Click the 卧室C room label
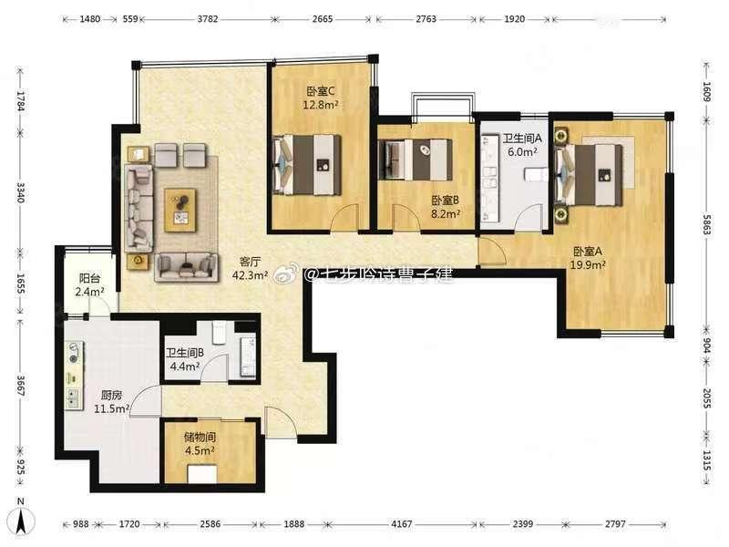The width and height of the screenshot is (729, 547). pos(321,91)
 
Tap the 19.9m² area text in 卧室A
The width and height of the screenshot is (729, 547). pos(588,264)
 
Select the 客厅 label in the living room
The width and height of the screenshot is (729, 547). pos(250,262)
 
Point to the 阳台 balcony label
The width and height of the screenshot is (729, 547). pos(89,279)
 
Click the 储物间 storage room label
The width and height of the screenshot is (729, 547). pos(200,437)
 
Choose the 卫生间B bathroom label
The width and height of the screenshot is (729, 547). pos(185,353)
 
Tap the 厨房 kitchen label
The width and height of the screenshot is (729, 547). pos(111,396)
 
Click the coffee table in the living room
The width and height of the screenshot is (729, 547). pos(180,210)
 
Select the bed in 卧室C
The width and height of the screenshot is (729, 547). pos(307,165)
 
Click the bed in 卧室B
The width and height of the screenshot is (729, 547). pos(415,160)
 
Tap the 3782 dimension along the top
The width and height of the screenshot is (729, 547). pos(208,19)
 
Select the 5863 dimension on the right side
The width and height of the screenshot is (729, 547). pos(706,224)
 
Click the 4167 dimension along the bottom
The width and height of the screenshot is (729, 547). pos(402,524)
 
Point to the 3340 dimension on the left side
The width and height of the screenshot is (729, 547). pos(21,192)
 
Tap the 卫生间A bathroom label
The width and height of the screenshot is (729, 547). pos(522,139)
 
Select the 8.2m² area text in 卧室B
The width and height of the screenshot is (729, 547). pos(446,214)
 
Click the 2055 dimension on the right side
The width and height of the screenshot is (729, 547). pos(706,398)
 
